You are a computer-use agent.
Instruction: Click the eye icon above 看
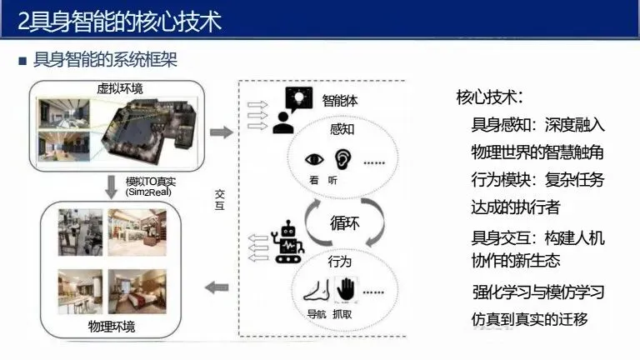[x=316, y=159]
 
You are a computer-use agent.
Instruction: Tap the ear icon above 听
[x=342, y=158]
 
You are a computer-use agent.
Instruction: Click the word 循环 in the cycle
[x=343, y=222]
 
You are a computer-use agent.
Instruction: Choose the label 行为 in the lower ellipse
[x=340, y=262]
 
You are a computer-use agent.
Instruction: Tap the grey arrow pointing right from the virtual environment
[x=221, y=132]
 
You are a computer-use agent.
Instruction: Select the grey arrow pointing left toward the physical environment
[x=217, y=288]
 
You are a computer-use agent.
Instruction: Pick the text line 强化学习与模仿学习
[x=537, y=292]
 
